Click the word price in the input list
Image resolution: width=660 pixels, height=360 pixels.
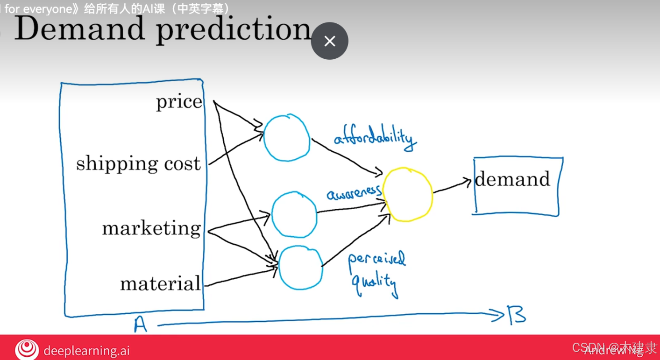179,102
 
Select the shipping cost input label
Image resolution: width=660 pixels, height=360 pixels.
138,164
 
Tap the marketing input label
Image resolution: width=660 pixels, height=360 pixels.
151,228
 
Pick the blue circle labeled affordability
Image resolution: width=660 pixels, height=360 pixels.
286,138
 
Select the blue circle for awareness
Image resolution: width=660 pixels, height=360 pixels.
294,214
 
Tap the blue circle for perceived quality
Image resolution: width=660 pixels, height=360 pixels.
301,268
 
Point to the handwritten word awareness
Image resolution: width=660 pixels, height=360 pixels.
354,193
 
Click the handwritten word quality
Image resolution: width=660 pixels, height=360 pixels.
374,284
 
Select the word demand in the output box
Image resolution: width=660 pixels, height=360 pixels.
512,179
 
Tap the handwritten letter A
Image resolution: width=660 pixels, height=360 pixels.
141,324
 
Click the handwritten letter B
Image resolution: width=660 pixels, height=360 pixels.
517,316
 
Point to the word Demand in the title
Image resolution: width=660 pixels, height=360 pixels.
79,29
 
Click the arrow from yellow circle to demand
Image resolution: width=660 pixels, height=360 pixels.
452,185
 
